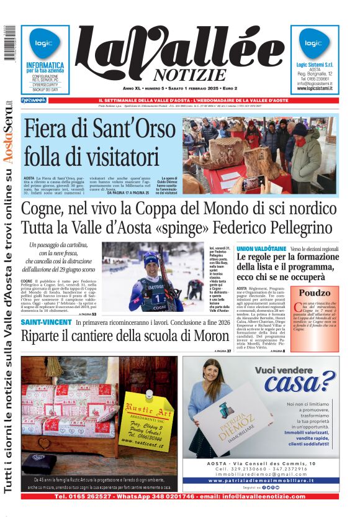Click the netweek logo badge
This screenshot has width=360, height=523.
pos(34,100)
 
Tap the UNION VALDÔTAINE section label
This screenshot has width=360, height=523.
pos(261,248)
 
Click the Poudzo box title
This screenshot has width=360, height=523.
pos(315,293)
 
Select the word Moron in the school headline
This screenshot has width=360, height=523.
pos(209,337)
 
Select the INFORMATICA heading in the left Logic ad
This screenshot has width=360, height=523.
pos(45,65)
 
